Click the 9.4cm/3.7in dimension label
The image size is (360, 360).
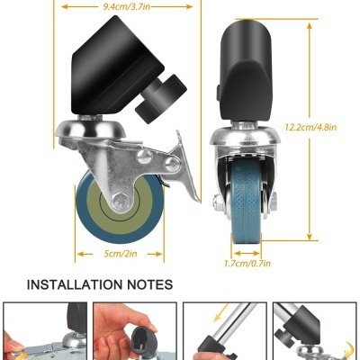127,6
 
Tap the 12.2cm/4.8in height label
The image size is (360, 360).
310,127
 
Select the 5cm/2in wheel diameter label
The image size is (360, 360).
121,254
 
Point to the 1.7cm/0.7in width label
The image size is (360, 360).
247,264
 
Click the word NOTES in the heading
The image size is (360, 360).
149,284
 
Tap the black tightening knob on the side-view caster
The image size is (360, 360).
160,97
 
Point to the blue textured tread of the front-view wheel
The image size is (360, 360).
247,199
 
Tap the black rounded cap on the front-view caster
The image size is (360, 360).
246,69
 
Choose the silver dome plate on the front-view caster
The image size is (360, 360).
246,139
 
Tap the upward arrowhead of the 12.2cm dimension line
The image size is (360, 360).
310,26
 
